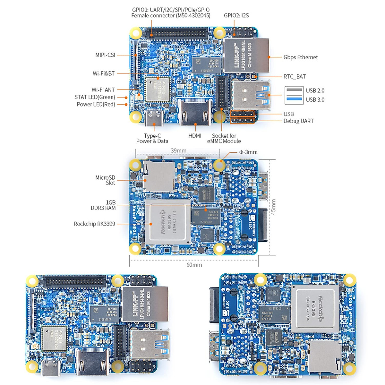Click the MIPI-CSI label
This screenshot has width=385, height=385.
point(105,55)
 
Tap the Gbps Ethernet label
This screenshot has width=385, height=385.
point(300,57)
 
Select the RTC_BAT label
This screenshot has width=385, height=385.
point(294,77)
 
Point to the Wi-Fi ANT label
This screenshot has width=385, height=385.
point(103,90)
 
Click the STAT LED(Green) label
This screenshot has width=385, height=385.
point(95,97)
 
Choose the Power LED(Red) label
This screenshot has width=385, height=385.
point(96,104)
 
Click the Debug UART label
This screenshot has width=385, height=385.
point(298,121)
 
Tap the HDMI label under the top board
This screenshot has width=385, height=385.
point(195,136)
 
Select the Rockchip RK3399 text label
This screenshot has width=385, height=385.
point(94,224)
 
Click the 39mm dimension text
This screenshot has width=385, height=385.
point(178,151)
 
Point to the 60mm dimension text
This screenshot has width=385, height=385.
point(194,265)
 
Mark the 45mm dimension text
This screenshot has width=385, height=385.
point(273,207)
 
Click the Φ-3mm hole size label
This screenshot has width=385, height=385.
point(248,152)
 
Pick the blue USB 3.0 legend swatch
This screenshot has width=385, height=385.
point(294,99)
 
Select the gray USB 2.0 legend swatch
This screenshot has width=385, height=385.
point(294,90)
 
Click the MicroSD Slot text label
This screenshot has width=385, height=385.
point(106,180)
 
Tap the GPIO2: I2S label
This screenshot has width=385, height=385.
point(236,15)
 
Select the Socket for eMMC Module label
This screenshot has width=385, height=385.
point(224,138)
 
